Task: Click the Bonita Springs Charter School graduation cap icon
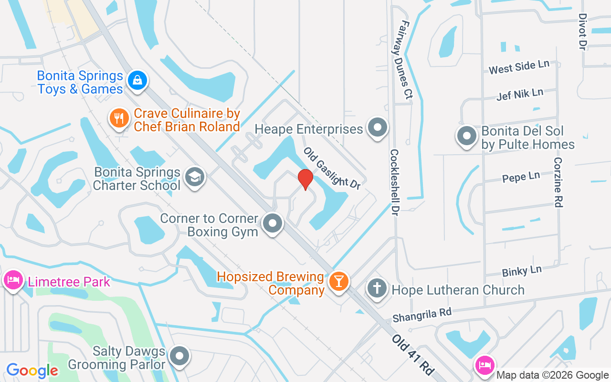point(194,177)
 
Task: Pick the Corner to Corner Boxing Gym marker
point(273,223)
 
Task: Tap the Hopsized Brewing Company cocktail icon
point(339,280)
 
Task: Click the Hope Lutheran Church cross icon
point(377,288)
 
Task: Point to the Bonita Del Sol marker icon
point(467,136)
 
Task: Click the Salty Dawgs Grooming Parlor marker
point(180,356)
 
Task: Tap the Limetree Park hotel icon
point(13,279)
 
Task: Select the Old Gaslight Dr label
point(332,168)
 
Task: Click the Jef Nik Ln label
point(520,94)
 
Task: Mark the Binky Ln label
point(522,271)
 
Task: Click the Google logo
point(32,371)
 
